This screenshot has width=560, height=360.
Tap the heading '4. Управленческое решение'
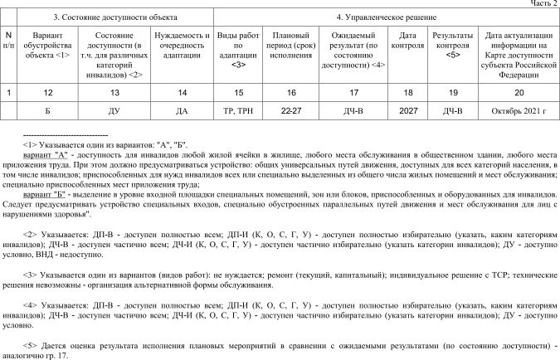click(386, 17)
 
